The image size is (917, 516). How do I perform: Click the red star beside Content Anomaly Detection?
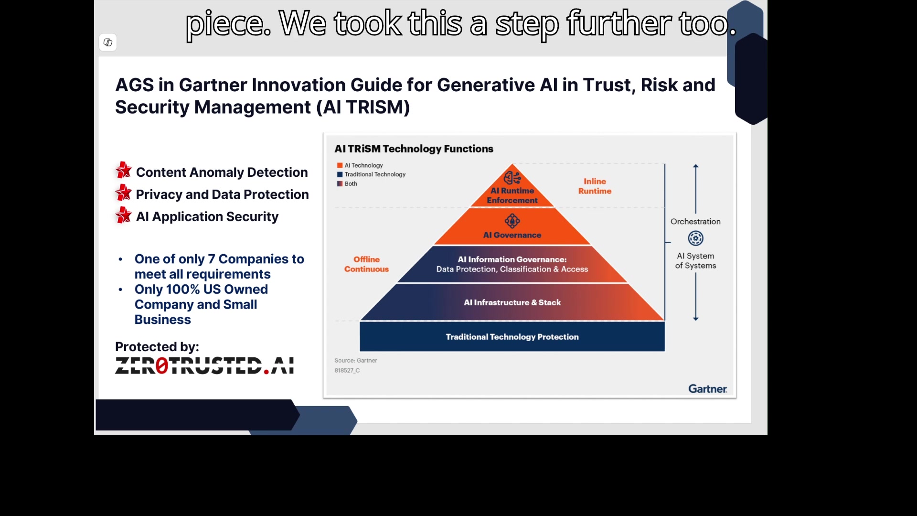pyautogui.click(x=123, y=171)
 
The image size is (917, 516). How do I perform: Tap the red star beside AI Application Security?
pyautogui.click(x=123, y=215)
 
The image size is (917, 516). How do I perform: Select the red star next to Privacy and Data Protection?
pyautogui.click(x=123, y=193)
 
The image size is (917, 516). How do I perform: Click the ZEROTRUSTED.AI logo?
pyautogui.click(x=204, y=365)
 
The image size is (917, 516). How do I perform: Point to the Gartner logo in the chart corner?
pyautogui.click(x=707, y=389)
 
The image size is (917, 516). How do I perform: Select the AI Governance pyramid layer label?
pyautogui.click(x=512, y=235)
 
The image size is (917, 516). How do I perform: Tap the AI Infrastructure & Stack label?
pyautogui.click(x=512, y=302)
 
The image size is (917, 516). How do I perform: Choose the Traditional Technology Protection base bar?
pyautogui.click(x=512, y=337)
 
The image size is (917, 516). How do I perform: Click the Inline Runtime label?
pyautogui.click(x=595, y=186)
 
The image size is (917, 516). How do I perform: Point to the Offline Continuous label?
pyautogui.click(x=366, y=264)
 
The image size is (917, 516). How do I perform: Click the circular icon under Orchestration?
pyautogui.click(x=695, y=238)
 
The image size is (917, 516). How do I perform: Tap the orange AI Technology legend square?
pyautogui.click(x=340, y=165)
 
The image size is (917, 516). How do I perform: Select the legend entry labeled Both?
pyautogui.click(x=347, y=183)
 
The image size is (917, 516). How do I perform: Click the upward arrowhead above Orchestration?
pyautogui.click(x=696, y=166)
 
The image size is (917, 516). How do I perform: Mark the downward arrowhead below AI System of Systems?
pyautogui.click(x=696, y=318)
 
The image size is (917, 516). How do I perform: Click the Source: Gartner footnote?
pyautogui.click(x=356, y=361)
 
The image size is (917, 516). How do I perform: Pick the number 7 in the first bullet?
pyautogui.click(x=211, y=259)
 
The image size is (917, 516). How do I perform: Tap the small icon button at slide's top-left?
pyautogui.click(x=108, y=43)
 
